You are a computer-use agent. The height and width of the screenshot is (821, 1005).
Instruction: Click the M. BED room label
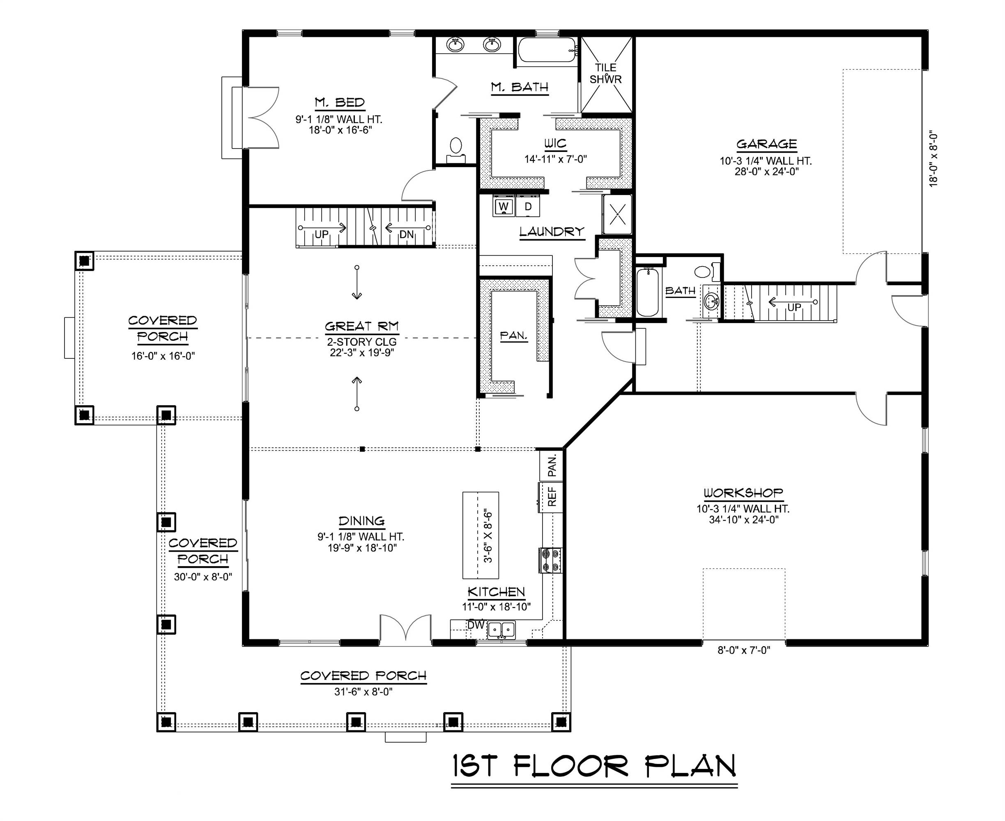(x=340, y=102)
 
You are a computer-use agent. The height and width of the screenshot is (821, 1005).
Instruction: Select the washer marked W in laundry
(x=504, y=206)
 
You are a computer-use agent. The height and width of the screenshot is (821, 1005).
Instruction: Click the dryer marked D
(x=528, y=206)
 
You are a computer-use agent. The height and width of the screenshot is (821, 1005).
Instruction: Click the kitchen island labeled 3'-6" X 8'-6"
(x=480, y=535)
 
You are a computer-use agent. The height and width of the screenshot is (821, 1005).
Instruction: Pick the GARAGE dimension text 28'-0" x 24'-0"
(x=766, y=172)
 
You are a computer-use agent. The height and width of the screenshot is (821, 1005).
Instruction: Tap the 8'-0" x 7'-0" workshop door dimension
(x=744, y=651)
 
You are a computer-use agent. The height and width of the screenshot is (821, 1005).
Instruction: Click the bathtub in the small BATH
(x=647, y=292)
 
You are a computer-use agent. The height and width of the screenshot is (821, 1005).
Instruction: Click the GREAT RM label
(x=361, y=326)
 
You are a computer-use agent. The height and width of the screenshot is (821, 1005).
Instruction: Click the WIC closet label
(x=555, y=143)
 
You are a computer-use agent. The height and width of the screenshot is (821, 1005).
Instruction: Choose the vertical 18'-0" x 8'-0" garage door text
(x=933, y=159)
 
